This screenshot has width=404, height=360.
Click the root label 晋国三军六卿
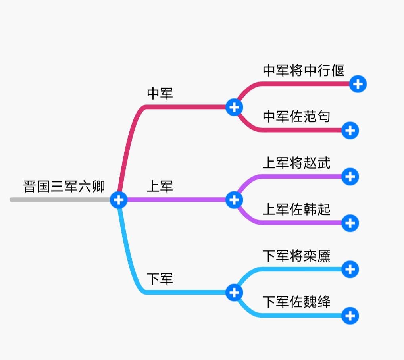(64, 187)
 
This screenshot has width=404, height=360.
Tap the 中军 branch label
(160, 94)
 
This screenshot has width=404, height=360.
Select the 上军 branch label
(160, 186)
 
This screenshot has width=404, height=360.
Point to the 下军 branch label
(160, 279)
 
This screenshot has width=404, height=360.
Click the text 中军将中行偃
(304, 71)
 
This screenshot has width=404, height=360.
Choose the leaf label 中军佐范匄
(296, 117)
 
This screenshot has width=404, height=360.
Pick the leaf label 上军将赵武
(296, 163)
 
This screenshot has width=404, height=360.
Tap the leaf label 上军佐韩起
(296, 210)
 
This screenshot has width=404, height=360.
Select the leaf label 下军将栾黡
(296, 256)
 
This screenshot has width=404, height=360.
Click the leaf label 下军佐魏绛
(296, 302)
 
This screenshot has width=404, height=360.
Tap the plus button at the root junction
(118, 199)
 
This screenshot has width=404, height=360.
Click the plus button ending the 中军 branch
(234, 107)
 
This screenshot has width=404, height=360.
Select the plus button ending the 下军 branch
(234, 293)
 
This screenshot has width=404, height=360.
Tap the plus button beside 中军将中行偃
(358, 84)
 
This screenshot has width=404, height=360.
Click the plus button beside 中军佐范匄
(350, 130)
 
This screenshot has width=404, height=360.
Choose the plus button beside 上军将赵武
(350, 177)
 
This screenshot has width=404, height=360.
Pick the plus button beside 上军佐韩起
(350, 223)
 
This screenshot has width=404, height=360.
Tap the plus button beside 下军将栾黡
(350, 270)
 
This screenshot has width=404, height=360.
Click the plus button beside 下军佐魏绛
(350, 316)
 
